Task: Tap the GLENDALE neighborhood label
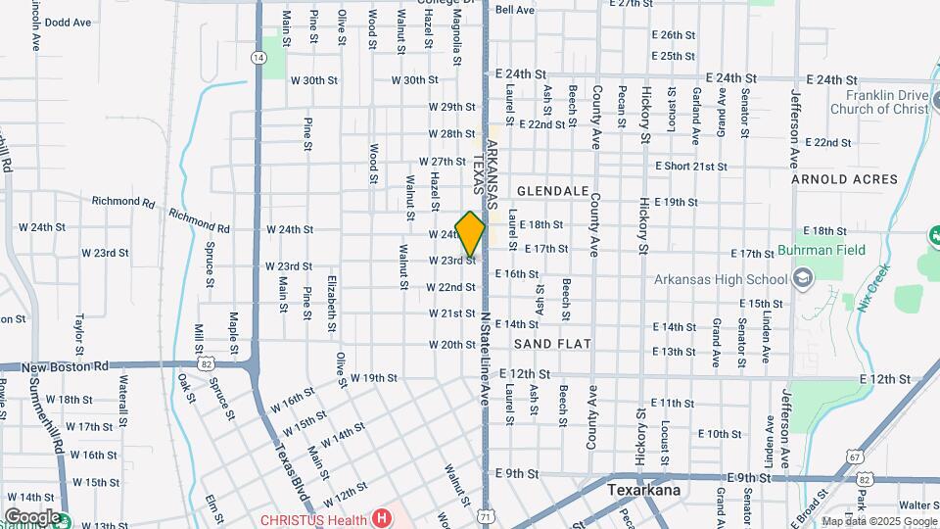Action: (553, 190)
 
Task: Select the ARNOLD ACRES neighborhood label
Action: (844, 179)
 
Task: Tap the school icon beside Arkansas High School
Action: (803, 279)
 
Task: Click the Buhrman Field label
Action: (822, 250)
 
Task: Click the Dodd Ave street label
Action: (69, 22)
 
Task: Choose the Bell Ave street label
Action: (515, 10)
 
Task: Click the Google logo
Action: (31, 516)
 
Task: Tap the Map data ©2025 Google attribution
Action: (879, 521)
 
